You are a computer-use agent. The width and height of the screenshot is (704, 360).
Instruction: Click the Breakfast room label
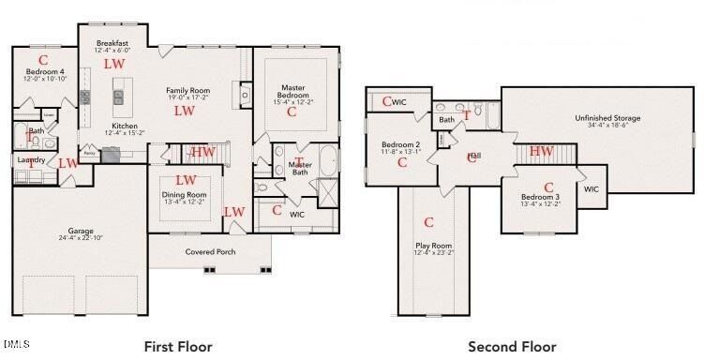(x=112, y=43)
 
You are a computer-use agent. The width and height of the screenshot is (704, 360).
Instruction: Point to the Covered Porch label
(x=210, y=252)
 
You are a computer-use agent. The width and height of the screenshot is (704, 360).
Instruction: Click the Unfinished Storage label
(x=607, y=118)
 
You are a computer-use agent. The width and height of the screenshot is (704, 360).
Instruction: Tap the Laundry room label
(x=32, y=160)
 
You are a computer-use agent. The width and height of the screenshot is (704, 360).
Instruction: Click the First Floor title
(x=178, y=346)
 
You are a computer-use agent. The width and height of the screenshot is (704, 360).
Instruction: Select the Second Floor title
(x=512, y=346)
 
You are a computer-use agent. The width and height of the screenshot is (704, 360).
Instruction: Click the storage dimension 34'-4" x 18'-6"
(x=607, y=127)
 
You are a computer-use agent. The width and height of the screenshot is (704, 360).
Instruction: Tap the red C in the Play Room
(x=429, y=223)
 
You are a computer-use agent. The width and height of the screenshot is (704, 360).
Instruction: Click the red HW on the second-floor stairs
(x=541, y=151)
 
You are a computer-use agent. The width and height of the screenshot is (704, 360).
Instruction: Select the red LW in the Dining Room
(x=186, y=180)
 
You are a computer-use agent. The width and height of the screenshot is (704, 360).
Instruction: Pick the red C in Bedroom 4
(x=43, y=60)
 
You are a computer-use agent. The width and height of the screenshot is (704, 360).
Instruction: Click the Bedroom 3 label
(x=540, y=197)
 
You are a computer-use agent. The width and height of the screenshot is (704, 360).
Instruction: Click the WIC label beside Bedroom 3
(x=591, y=188)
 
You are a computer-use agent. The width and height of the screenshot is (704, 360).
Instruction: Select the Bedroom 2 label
(x=399, y=144)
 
